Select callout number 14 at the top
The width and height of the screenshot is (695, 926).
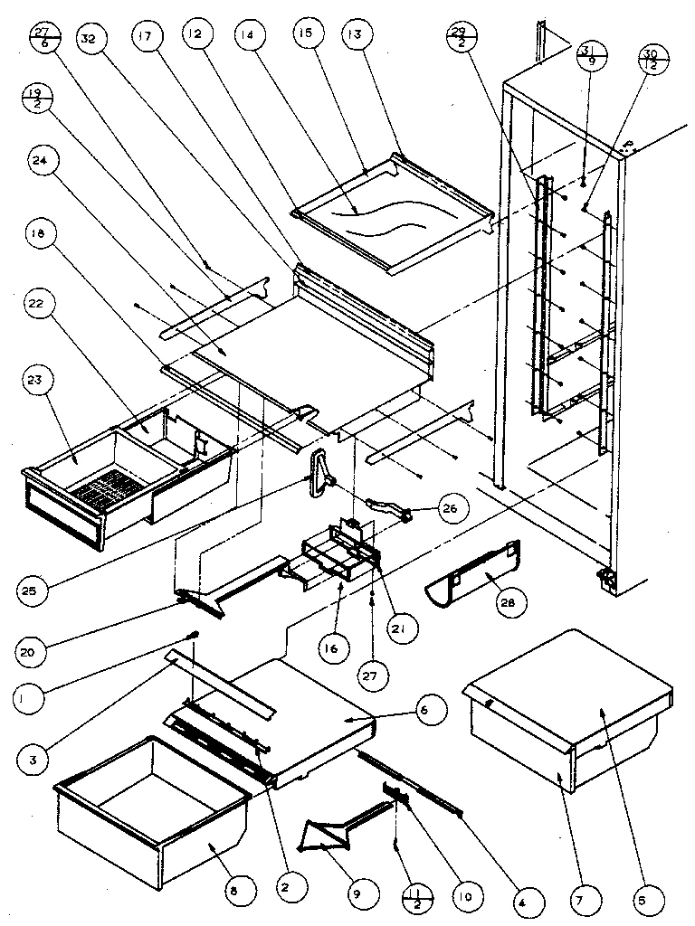(x=245, y=37)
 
